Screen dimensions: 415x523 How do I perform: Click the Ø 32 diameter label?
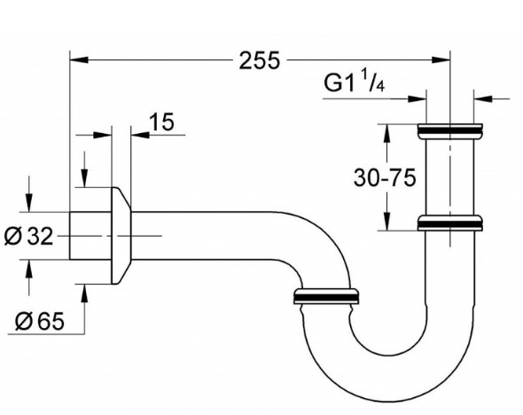pos(29,236)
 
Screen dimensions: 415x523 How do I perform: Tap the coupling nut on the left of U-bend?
pos(325,296)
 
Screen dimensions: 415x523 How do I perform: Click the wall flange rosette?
pos(121,235)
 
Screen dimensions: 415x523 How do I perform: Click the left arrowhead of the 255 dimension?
pos(76,60)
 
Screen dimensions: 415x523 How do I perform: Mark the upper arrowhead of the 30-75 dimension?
pos(386,129)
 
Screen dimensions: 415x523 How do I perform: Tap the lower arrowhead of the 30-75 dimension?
pos(386,223)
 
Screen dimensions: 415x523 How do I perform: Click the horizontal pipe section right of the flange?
pos(204,234)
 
